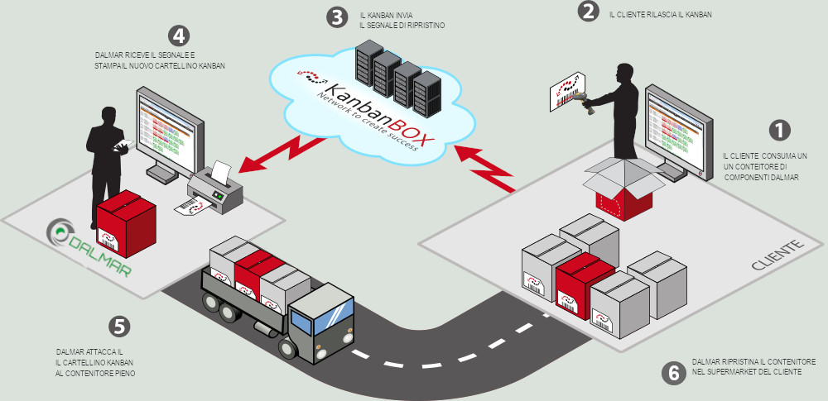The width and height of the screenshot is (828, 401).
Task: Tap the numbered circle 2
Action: [x=588, y=12]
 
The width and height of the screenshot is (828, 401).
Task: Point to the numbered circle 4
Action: [x=178, y=36]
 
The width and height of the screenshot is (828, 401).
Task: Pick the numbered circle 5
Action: [x=121, y=327]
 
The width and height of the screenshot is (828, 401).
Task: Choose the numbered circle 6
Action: [x=674, y=373]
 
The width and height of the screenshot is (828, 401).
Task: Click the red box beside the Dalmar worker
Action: [x=126, y=225]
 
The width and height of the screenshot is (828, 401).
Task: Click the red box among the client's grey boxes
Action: [x=586, y=279]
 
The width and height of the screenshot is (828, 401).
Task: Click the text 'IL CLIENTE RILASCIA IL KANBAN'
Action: [x=660, y=15]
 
